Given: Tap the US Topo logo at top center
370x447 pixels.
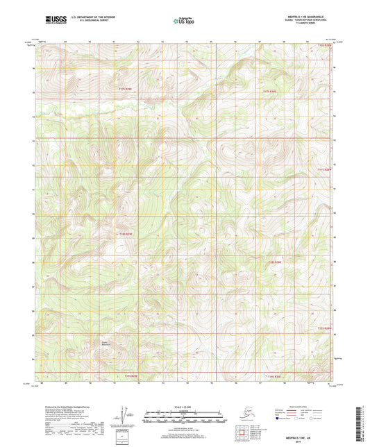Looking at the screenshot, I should pos(183,21).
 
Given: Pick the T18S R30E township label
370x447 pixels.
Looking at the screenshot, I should pos(276,262).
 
